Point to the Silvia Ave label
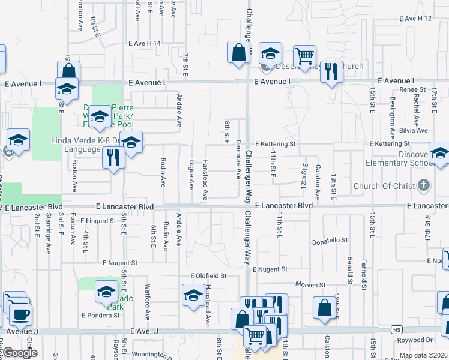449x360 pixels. (414, 130)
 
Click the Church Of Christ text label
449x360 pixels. (384, 186)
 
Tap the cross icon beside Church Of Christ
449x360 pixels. (424, 185)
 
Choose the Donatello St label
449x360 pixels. (330, 241)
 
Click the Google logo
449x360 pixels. (20, 353)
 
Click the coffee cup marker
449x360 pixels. (20, 313)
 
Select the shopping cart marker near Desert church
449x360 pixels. (304, 56)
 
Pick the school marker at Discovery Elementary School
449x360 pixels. (439, 154)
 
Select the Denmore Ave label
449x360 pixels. (238, 165)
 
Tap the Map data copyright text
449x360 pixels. (424, 355)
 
